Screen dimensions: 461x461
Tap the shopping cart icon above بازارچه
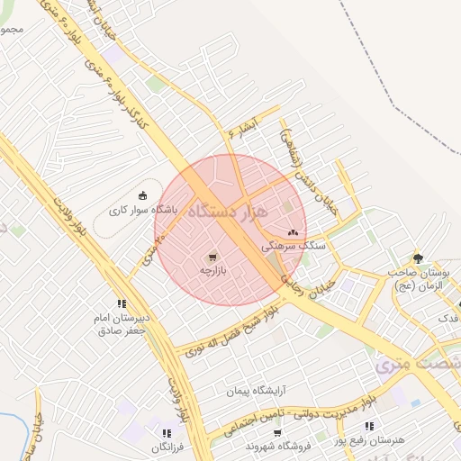pyautogui.click(x=212, y=257)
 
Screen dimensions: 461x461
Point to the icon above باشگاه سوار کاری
pyautogui.click(x=141, y=194)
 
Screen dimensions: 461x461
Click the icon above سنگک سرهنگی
pyautogui.click(x=293, y=231)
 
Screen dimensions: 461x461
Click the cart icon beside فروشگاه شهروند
pyautogui.click(x=251, y=445)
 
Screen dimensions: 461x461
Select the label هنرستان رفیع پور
pyautogui.click(x=370, y=439)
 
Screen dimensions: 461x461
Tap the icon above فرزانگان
pyautogui.click(x=166, y=433)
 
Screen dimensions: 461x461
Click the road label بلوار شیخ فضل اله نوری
pyautogui.click(x=224, y=334)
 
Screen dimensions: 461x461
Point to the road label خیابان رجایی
pyautogui.click(x=309, y=287)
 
